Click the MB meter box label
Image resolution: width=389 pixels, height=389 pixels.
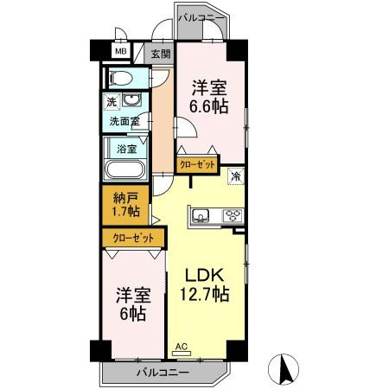click(121, 52)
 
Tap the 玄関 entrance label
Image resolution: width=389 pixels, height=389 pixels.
click(161, 54)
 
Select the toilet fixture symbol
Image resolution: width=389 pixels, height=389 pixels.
click(120, 78)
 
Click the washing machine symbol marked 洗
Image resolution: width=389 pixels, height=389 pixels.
click(112, 101)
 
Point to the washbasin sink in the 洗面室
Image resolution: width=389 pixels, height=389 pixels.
click(131, 99)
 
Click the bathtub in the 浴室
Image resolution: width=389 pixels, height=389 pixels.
click(125, 170)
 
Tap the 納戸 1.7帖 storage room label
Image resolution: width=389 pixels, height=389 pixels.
click(126, 205)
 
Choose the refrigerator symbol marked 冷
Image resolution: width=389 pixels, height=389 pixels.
click(236, 175)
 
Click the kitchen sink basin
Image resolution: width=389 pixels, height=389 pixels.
click(201, 215)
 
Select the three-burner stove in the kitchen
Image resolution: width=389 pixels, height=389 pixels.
click(233, 215)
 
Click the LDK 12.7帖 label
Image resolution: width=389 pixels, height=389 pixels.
click(205, 285)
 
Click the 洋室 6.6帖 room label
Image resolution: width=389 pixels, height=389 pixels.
click(209, 97)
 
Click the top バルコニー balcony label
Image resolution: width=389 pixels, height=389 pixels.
click(201, 17)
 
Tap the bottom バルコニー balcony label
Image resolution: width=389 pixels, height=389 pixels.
click(163, 373)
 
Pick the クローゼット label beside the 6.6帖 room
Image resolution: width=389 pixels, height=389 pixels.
click(197, 165)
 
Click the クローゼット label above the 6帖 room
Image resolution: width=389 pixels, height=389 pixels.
click(133, 239)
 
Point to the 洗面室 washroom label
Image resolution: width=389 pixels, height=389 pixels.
click(124, 122)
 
